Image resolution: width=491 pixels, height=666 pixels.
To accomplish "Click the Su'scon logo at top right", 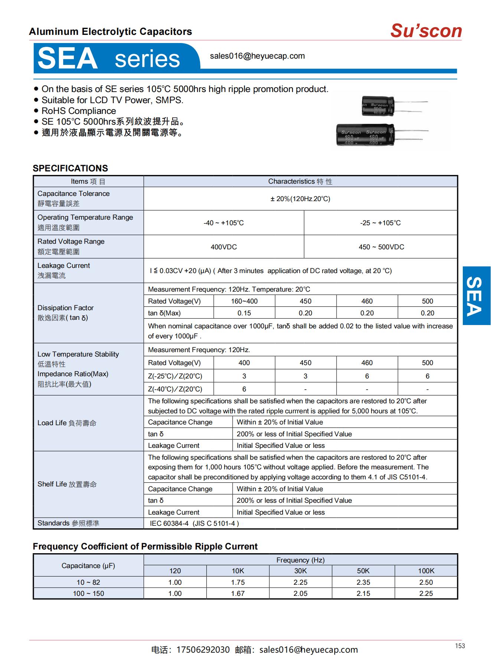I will coord(426,31).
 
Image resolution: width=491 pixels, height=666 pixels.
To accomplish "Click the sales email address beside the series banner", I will coord(257,56).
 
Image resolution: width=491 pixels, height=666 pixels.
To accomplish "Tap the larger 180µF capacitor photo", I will coord(366,135).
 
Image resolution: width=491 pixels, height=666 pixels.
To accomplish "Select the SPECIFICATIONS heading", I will coord(70,168).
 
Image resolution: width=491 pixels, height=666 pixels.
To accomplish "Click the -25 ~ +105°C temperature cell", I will coord(380,223).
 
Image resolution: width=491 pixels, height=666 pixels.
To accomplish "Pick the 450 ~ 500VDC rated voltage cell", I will coord(381,247).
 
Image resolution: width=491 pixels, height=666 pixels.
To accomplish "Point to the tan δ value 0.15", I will coord(244,313).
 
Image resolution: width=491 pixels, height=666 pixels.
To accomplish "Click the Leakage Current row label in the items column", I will coord(63,266).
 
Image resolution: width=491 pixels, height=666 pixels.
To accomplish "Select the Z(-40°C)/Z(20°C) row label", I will coord(175,389).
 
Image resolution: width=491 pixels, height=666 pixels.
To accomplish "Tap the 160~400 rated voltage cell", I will coord(244,301).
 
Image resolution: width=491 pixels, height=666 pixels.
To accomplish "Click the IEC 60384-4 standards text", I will coord(194,524).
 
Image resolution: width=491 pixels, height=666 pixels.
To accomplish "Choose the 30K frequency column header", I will coord(300,571).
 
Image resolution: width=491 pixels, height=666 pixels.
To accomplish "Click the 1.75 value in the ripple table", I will coord(238,582).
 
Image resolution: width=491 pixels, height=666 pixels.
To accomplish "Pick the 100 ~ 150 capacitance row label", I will coord(88,593).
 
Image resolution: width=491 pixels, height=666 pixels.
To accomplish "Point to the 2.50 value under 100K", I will coord(426,582).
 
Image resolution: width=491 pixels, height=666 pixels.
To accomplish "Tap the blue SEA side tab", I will coord(476,296).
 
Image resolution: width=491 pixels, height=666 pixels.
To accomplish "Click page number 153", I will coord(460,646).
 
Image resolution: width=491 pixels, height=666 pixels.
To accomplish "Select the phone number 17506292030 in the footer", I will coord(203,650).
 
